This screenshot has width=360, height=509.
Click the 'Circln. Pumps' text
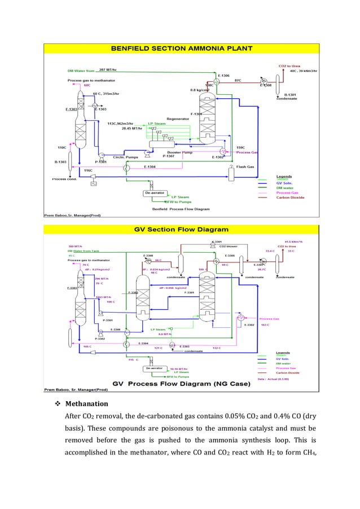coord(126,157)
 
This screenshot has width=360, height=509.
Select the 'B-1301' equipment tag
coord(290,94)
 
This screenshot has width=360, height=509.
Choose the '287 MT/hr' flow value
coord(107,70)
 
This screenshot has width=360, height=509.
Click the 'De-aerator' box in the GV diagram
coord(155,368)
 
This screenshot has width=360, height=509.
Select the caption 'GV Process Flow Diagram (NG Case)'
coord(181,382)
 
